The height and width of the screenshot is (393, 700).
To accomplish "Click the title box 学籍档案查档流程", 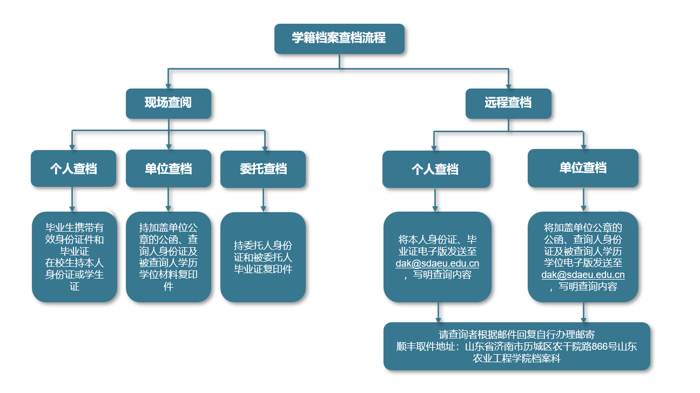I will (339, 39).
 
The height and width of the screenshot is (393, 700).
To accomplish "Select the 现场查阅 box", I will (168, 103).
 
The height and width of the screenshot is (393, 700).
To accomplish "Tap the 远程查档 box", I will (508, 103).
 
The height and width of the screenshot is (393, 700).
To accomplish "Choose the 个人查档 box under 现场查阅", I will (73, 169).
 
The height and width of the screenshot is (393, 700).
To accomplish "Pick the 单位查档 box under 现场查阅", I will (169, 169).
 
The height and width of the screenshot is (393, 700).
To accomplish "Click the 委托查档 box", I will (263, 169).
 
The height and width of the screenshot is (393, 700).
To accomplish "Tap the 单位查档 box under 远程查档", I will (583, 168).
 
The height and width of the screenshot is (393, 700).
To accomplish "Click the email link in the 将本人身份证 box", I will (437, 264).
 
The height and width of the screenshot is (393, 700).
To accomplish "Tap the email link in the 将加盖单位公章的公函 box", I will (583, 275).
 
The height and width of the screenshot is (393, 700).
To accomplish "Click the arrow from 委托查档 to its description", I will (263, 200).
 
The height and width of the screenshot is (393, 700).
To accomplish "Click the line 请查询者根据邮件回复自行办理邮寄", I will (517, 335).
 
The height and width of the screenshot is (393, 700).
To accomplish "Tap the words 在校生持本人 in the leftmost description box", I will (75, 263).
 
